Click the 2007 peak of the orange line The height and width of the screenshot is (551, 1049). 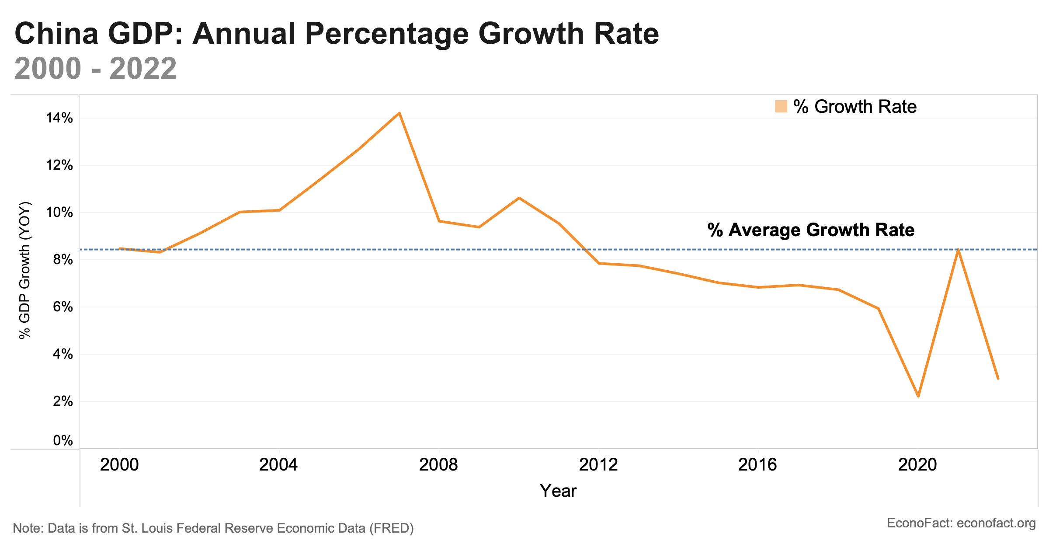[x=399, y=113]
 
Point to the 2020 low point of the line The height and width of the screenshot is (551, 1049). [x=918, y=396]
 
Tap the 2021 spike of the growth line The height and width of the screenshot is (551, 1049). [x=958, y=250]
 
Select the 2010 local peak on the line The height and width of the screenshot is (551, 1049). [x=519, y=198]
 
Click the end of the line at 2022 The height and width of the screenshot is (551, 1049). [x=998, y=378]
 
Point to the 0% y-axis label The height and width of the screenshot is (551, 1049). [x=63, y=440]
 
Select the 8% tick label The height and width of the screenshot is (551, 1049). [x=63, y=260]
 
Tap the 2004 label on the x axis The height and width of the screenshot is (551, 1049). [x=278, y=465]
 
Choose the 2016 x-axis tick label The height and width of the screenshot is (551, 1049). [x=757, y=465]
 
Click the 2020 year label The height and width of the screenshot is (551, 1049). [x=917, y=465]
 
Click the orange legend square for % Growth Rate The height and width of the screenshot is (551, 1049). [x=781, y=107]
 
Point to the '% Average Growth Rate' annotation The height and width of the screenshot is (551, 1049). [x=811, y=230]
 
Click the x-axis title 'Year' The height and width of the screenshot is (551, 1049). [x=558, y=491]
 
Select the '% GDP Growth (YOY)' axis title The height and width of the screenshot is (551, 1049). [x=25, y=270]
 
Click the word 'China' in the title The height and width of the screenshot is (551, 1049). [x=57, y=34]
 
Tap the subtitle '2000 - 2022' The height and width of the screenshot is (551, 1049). [x=95, y=69]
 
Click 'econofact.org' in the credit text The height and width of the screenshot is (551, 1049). [x=996, y=523]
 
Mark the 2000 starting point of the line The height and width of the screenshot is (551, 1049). [x=120, y=248]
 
